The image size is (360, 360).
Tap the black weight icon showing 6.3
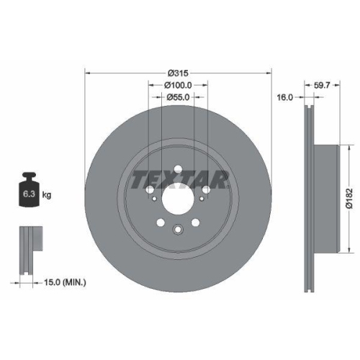click(x=29, y=192)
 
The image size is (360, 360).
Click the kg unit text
click(x=47, y=194)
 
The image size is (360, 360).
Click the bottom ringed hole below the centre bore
click(x=178, y=230)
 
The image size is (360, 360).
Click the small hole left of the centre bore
click(x=148, y=191)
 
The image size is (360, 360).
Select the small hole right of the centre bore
click(x=207, y=191)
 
